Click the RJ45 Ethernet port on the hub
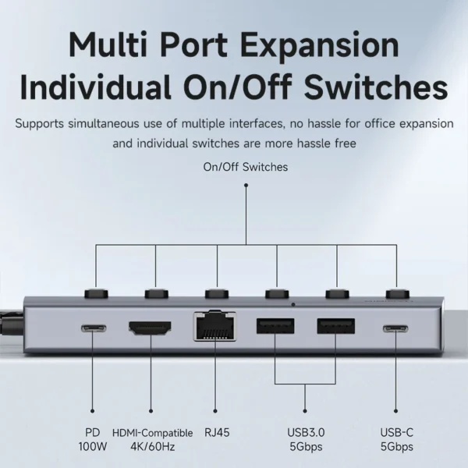pos(214,326)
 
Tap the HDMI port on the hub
pos(150,328)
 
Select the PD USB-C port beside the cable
pos(94,328)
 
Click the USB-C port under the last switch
pos(395,329)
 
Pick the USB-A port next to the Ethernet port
pos(275,326)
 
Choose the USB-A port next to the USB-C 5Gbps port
pos(336,326)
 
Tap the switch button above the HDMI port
pos(157,294)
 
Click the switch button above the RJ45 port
pos(217,294)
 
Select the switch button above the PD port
pos(96,294)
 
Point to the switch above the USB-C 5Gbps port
pos(397,294)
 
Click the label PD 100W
pos(93,439)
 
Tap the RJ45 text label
pos(217,432)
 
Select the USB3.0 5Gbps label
pos(306,439)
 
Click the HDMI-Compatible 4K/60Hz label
pos(153,440)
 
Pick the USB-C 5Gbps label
pos(397,439)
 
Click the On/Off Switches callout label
pos(246,167)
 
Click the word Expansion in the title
pos(320,45)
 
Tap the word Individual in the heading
pos(96,87)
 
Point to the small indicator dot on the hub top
pos(293,305)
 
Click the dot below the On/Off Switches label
pos(246,186)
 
